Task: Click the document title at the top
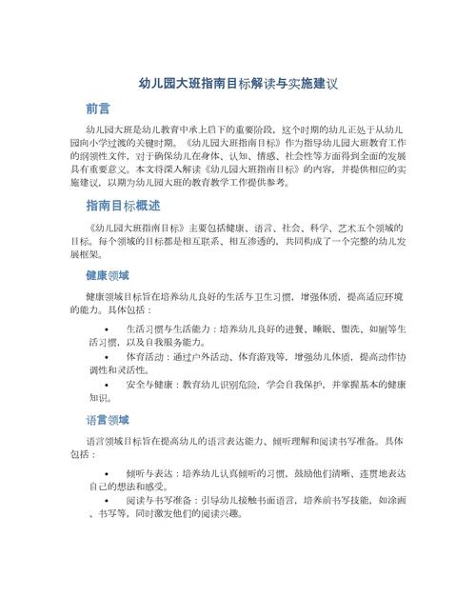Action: (238, 84)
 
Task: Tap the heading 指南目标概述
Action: (123, 206)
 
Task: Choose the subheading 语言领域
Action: (107, 420)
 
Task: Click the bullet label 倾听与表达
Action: (149, 472)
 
